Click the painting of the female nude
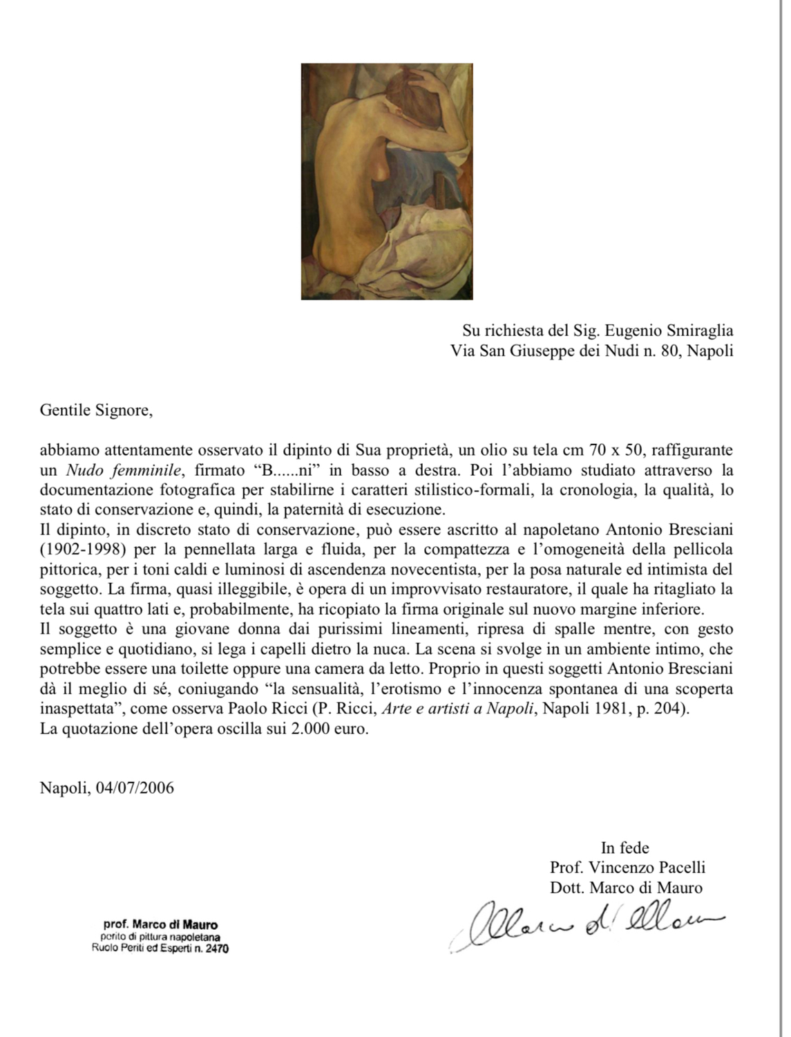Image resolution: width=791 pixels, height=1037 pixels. click(x=387, y=181)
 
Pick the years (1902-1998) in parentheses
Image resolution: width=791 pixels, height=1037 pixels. click(x=82, y=550)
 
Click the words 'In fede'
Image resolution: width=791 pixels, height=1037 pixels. click(x=625, y=848)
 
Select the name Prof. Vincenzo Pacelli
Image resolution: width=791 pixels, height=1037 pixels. click(x=627, y=868)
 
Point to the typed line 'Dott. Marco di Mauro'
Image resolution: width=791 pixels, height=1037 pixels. click(x=626, y=888)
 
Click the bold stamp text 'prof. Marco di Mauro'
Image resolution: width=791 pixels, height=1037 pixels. click(x=160, y=924)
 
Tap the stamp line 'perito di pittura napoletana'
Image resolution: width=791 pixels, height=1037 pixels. click(x=160, y=937)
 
